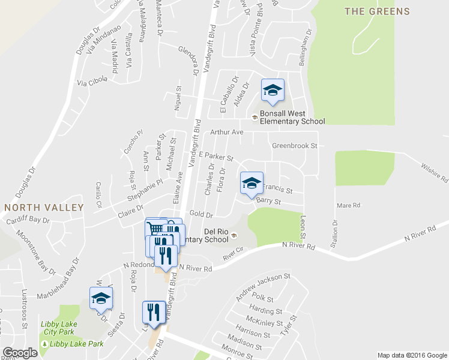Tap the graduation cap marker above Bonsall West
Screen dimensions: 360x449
click(x=273, y=91)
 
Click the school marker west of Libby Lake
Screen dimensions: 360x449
click(x=101, y=298)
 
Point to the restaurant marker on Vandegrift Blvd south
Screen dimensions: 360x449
click(x=154, y=312)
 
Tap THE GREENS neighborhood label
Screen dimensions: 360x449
click(x=377, y=11)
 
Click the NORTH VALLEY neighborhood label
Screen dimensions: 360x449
click(x=44, y=207)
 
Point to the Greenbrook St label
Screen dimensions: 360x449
click(x=294, y=145)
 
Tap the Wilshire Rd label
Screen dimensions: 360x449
click(x=435, y=172)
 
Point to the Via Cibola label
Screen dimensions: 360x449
click(x=92, y=80)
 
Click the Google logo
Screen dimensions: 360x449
click(x=20, y=353)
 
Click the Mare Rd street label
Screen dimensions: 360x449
click(x=348, y=205)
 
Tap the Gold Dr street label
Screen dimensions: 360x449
click(x=201, y=214)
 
